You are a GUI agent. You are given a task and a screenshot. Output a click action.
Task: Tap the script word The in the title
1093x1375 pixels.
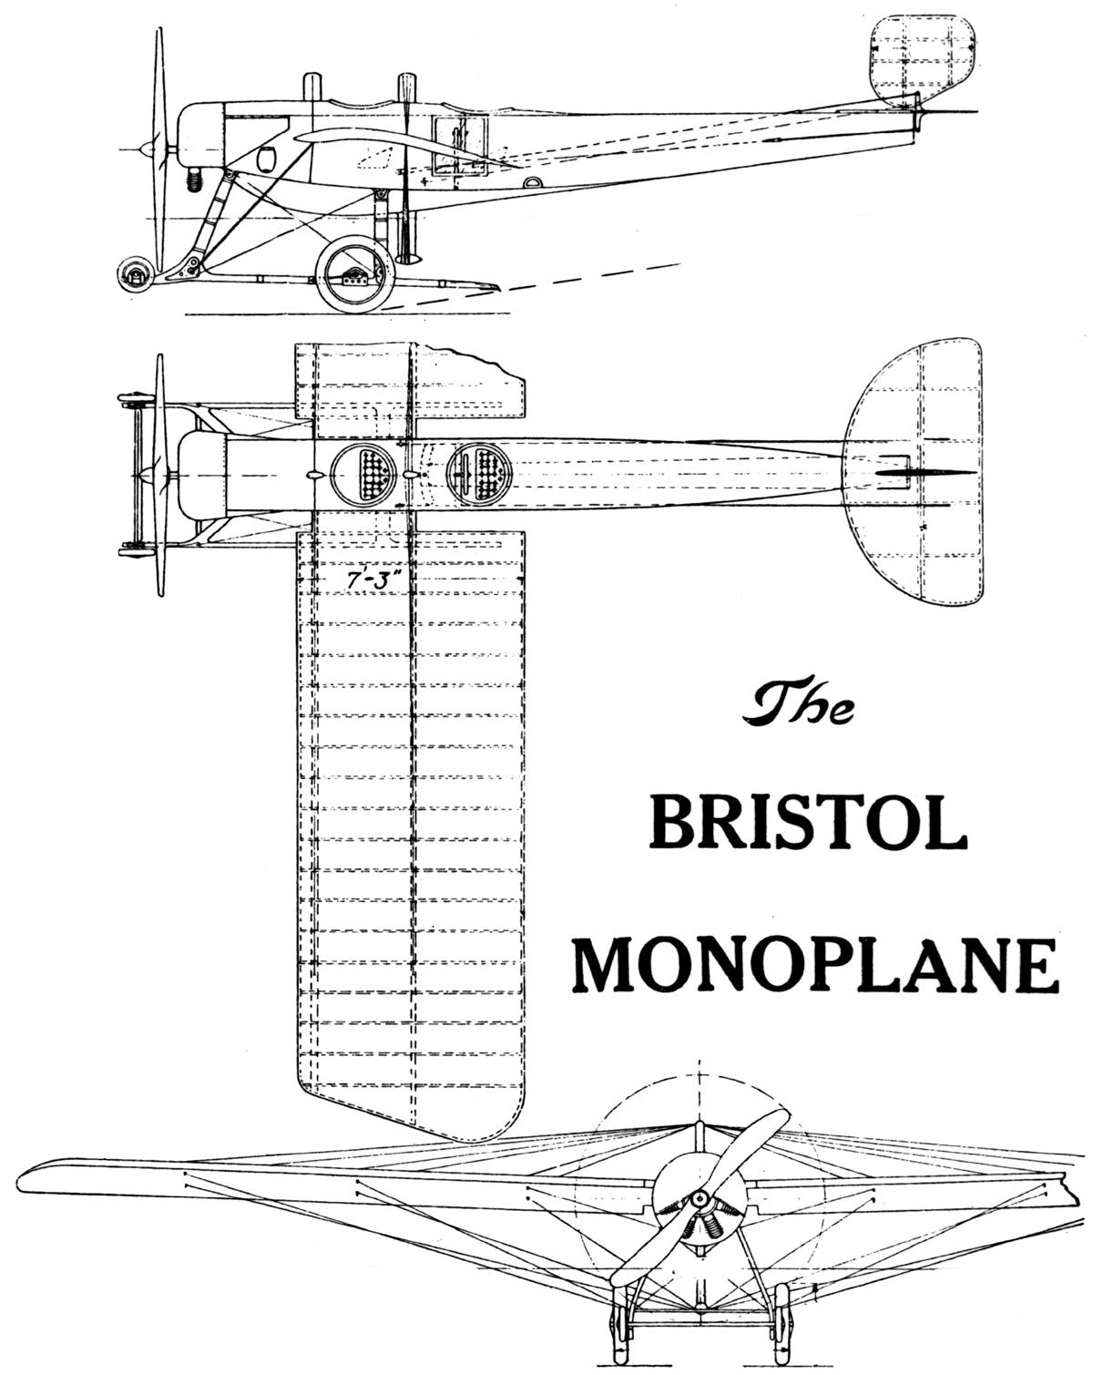coord(800,706)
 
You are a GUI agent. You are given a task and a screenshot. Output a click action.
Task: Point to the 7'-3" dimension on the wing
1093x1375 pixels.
coord(362,579)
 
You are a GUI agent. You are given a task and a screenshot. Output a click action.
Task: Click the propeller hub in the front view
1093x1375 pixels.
coord(699,1201)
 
